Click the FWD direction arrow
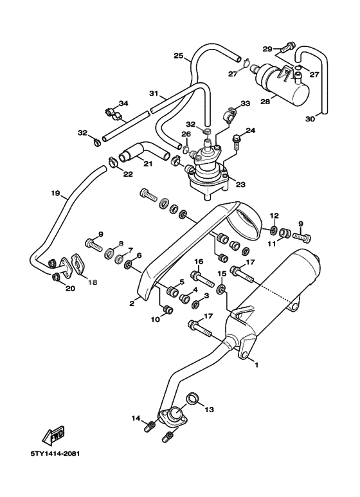click(x=54, y=435)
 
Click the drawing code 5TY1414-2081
click(x=55, y=453)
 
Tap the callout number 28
click(x=265, y=102)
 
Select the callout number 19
click(x=55, y=193)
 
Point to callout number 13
click(x=209, y=410)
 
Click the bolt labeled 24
click(x=237, y=143)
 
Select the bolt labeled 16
click(x=202, y=278)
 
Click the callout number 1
click(x=256, y=365)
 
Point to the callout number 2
click(x=132, y=303)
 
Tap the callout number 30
click(x=310, y=119)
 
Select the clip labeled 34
click(x=113, y=114)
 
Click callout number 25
click(x=179, y=56)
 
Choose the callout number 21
click(x=148, y=164)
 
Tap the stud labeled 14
click(x=149, y=427)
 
